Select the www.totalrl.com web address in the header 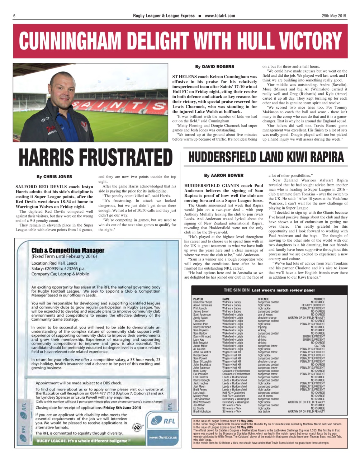point(220,16)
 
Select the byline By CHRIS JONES point(54,177)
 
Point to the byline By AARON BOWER point(224,176)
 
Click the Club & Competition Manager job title point(68,250)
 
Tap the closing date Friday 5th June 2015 point(122,408)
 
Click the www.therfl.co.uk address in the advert point(163,437)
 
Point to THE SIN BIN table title point(237,290)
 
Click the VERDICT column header point(319,299)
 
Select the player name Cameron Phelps point(203,302)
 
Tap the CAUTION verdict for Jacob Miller point(319,346)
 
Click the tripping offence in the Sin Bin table point(262,327)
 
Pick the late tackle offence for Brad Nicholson point(264,412)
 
